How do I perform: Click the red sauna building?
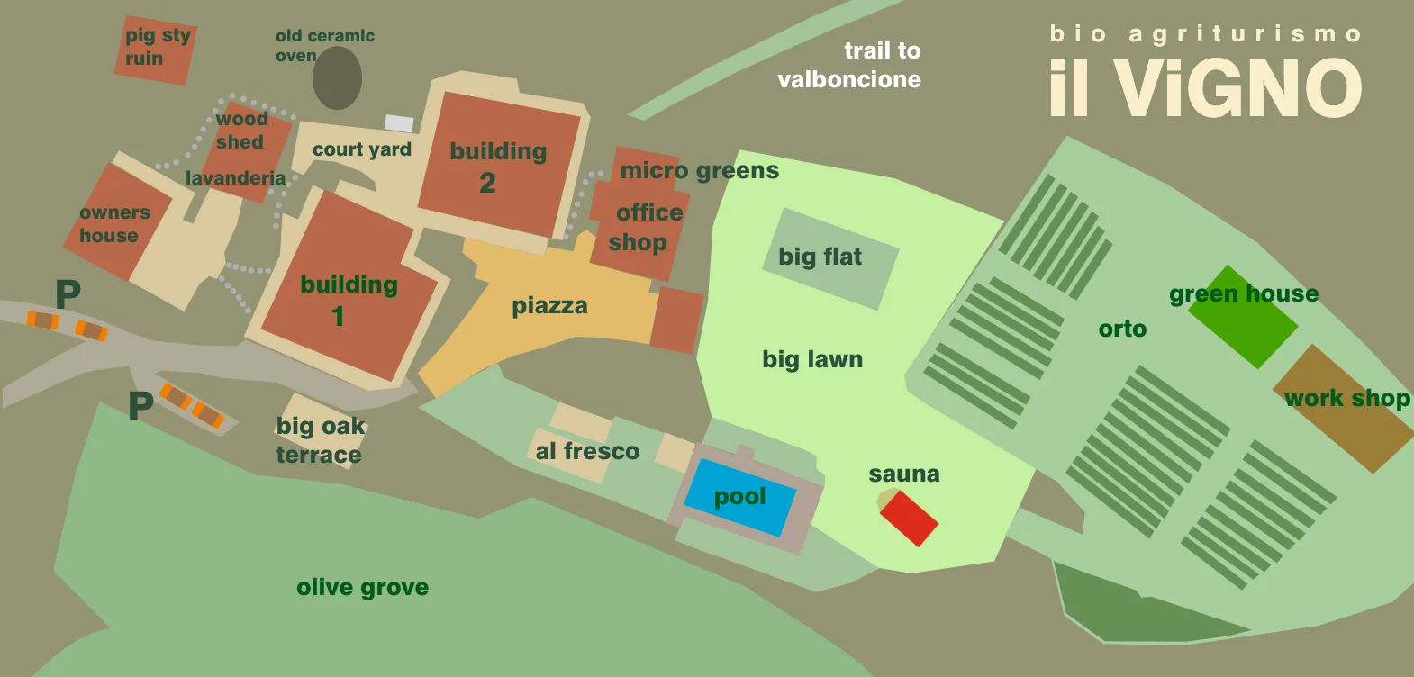tap(909, 519)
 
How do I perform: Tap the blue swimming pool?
tap(739, 497)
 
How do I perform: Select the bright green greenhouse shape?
tap(1243, 317)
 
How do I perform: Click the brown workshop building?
tap(1343, 409)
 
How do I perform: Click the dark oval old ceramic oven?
tap(337, 78)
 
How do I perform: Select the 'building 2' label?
tap(497, 167)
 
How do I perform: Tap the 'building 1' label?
tap(348, 300)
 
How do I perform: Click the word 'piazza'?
tap(549, 306)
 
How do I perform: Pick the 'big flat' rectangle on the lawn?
tap(829, 258)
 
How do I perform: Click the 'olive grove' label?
tap(362, 588)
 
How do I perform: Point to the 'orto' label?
tap(1122, 329)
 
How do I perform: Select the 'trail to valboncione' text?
tap(849, 65)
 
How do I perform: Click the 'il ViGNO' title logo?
tap(1205, 87)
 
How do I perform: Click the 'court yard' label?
tap(361, 149)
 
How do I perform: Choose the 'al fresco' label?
tap(587, 451)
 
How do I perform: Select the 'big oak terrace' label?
tap(320, 440)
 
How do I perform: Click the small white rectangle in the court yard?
tap(399, 123)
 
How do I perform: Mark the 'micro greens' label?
tap(699, 171)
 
